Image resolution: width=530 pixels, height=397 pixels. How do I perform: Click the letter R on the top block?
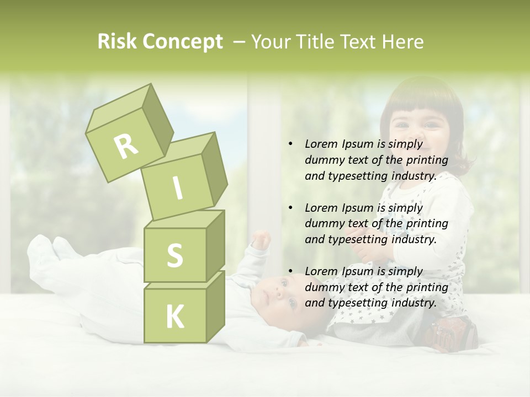tap(126, 146)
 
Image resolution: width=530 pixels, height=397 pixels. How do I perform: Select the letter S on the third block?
tap(174, 255)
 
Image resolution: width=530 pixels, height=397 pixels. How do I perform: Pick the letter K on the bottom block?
tap(174, 316)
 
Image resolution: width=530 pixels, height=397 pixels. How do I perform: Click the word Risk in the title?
tap(117, 42)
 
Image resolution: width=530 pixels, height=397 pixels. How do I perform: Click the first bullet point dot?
tap(290, 144)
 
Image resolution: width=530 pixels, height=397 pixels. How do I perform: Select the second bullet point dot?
tap(290, 208)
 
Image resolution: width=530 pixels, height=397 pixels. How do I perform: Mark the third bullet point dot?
tap(290, 272)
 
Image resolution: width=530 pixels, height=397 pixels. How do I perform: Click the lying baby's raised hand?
tap(261, 240)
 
